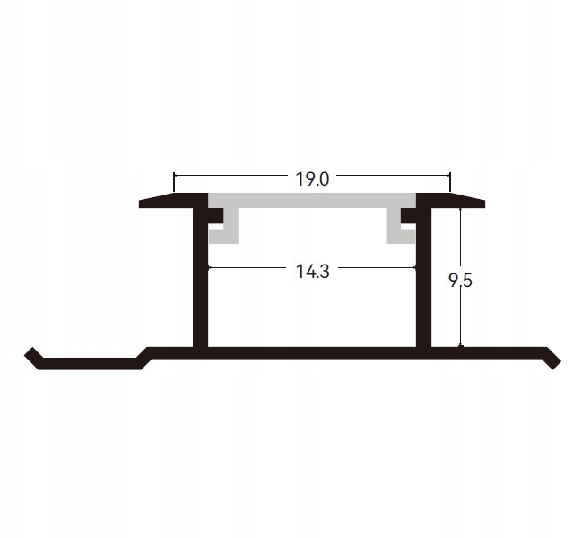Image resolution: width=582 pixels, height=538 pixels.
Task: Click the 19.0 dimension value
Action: (312, 179)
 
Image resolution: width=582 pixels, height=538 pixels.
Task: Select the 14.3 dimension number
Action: (312, 272)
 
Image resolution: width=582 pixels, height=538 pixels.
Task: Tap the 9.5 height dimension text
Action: (460, 280)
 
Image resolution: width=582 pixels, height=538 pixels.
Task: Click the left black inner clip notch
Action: (215, 215)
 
